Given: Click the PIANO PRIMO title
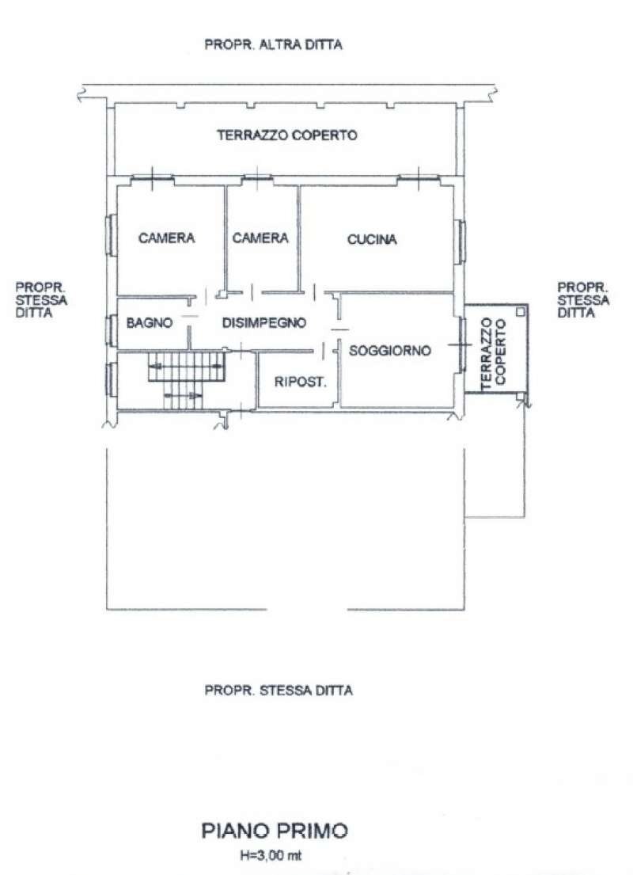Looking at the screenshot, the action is (275, 831).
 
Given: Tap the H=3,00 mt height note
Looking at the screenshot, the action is (271, 855).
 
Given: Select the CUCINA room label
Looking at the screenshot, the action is (372, 239).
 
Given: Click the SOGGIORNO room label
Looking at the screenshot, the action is (390, 351).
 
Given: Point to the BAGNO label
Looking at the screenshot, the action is (150, 322).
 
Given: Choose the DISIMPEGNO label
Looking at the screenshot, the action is (263, 322).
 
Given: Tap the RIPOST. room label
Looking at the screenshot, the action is (300, 382).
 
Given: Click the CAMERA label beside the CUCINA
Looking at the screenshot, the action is (260, 238).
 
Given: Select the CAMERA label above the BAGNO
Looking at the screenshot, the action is (167, 238).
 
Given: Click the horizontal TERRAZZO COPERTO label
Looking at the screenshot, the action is (287, 135).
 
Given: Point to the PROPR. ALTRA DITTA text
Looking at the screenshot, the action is (273, 44).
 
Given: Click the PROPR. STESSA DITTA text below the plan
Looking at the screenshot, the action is (279, 690).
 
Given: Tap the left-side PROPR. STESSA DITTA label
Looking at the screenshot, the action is (41, 300).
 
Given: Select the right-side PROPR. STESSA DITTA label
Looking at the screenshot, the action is (583, 300).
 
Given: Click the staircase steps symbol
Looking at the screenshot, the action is (187, 375).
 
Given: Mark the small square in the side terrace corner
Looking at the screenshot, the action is (520, 312).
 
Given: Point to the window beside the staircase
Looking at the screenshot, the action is (111, 379).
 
